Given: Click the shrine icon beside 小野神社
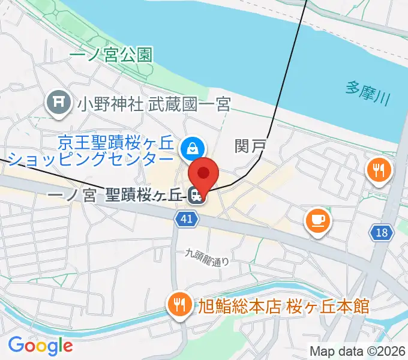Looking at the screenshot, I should click(x=58, y=104).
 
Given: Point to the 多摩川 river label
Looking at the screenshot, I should click(x=367, y=93).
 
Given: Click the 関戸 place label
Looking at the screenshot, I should click(x=249, y=145).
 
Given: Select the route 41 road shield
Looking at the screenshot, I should click(x=187, y=219).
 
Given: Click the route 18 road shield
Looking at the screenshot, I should click(x=382, y=233).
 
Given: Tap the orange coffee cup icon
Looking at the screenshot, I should click(x=317, y=220).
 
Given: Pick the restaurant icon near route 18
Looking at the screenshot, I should click(x=379, y=171).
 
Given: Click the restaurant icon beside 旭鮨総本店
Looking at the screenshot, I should click(x=179, y=305).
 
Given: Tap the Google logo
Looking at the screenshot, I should click(x=40, y=345).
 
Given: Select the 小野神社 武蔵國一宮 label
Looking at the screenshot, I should click(x=153, y=105).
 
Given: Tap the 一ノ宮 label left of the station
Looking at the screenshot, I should click(x=71, y=196).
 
